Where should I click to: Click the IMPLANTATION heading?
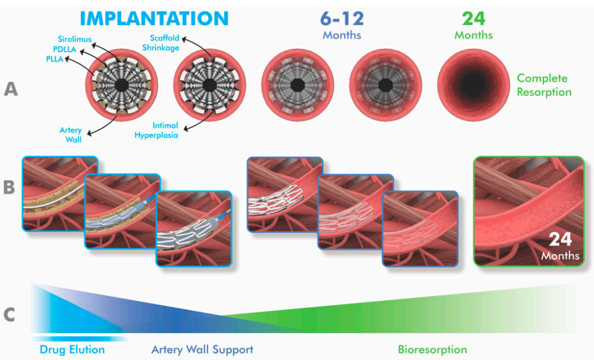pos(154,18)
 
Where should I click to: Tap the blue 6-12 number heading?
pos(342,18)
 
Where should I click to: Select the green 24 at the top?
pos(474,18)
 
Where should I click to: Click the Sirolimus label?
pos(75,39)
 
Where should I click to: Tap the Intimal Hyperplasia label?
pos(156,130)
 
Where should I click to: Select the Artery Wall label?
pos(71,135)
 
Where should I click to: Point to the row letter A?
pos(10,89)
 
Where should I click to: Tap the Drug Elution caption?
pos(72,350)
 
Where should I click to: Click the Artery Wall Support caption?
pos(202,350)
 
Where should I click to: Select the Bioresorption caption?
pos(432,350)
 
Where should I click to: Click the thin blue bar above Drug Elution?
pos(77,339)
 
